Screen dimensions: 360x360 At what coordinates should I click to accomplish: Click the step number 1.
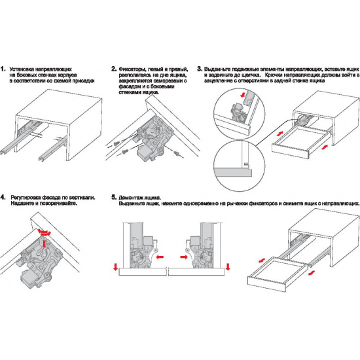[3, 69]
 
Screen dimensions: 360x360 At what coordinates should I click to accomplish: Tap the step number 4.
[3, 198]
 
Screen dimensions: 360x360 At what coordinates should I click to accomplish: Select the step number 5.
[114, 198]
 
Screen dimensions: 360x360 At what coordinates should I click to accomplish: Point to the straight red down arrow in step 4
[44, 243]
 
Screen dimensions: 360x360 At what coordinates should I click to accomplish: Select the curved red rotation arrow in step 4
[45, 232]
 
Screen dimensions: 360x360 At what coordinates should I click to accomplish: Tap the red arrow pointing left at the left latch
[160, 257]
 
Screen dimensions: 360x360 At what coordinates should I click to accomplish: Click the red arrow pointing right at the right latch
[184, 257]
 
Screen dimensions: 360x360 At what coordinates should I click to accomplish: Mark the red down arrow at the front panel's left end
[116, 267]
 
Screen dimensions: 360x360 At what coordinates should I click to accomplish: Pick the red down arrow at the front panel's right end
[228, 267]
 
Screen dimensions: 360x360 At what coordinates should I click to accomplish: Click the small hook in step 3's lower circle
[246, 164]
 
